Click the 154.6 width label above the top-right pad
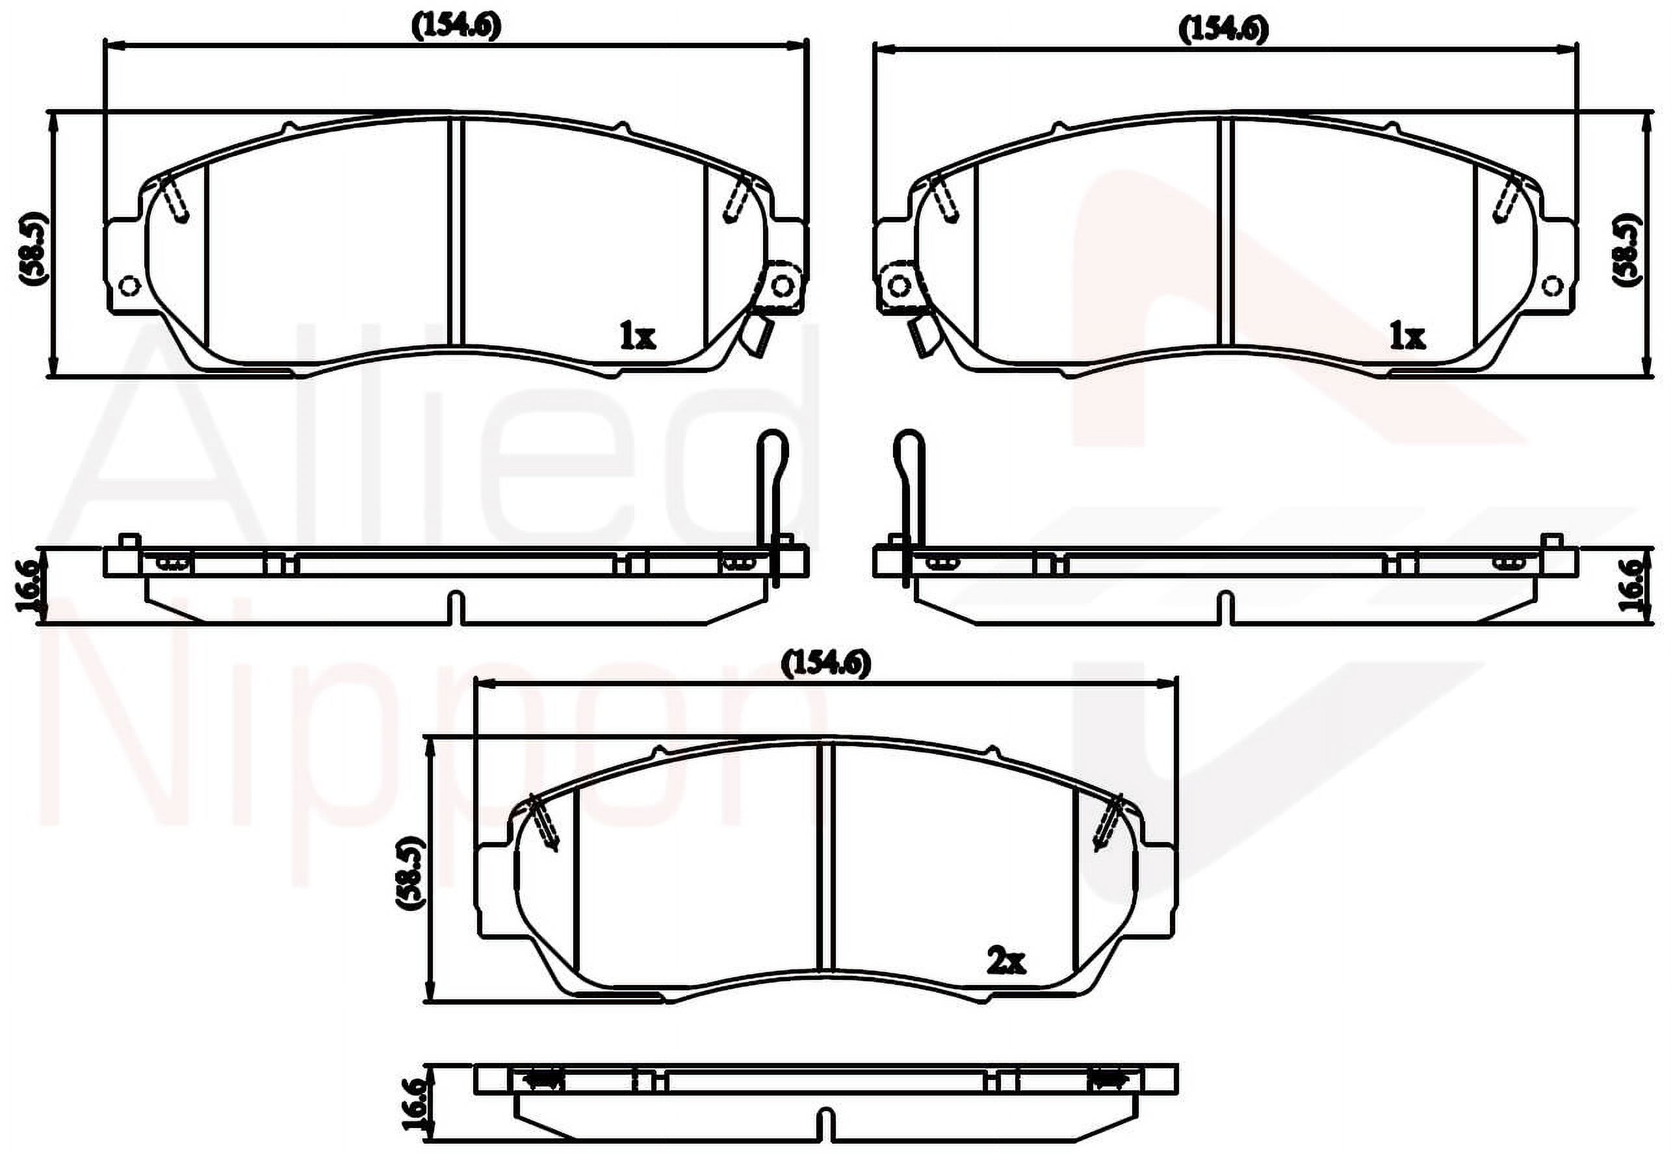[1223, 30]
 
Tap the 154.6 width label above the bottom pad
[825, 662]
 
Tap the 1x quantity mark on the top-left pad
[637, 336]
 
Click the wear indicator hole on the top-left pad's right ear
[781, 287]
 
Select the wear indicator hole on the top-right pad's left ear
[899, 287]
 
